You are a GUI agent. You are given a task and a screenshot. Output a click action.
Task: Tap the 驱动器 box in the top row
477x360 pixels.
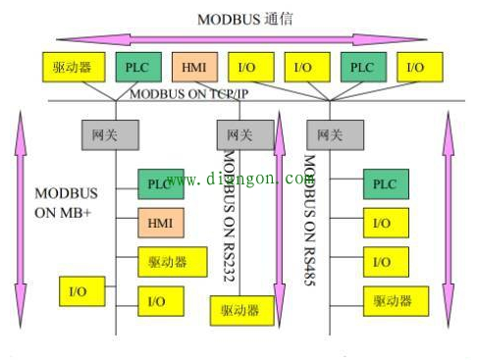pyautogui.click(x=73, y=67)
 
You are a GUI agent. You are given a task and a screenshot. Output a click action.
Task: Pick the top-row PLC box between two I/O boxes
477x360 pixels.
pyautogui.click(x=361, y=67)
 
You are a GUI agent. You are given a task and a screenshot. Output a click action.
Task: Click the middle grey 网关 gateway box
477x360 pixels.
pyautogui.click(x=237, y=133)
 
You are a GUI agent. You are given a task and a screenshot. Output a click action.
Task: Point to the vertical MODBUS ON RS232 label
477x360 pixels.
pyautogui.click(x=228, y=216)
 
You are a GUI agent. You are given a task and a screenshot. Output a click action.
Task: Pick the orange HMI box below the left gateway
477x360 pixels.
pyautogui.click(x=160, y=224)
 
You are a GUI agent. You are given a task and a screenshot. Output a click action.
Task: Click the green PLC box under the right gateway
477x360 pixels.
pyautogui.click(x=385, y=183)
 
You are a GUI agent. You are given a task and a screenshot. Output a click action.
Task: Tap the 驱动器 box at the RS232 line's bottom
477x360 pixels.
pyautogui.click(x=240, y=310)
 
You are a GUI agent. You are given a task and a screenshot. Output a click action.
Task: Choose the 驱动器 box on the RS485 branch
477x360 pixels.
pyautogui.click(x=395, y=300)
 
